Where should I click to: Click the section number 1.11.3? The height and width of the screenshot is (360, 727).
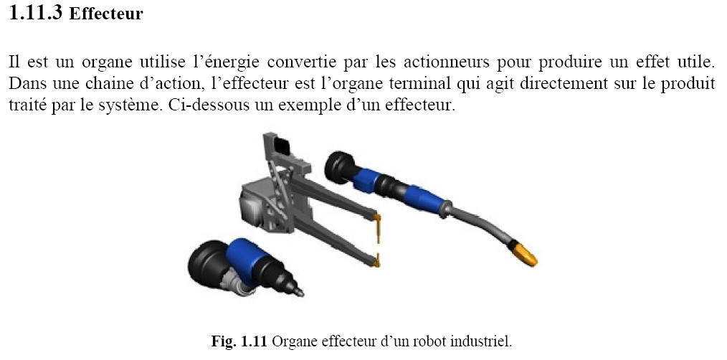pyautogui.click(x=35, y=12)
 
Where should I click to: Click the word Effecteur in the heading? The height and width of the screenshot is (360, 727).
pyautogui.click(x=105, y=14)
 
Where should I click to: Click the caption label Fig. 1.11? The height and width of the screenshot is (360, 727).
pyautogui.click(x=239, y=341)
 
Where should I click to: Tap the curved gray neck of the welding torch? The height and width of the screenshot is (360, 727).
pyautogui.click(x=483, y=224)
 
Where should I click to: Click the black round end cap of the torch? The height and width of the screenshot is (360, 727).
pyautogui.click(x=340, y=168)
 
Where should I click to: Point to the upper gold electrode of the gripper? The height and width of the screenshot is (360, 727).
pyautogui.click(x=378, y=227)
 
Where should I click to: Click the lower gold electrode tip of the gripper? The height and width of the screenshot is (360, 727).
pyautogui.click(x=376, y=261)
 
